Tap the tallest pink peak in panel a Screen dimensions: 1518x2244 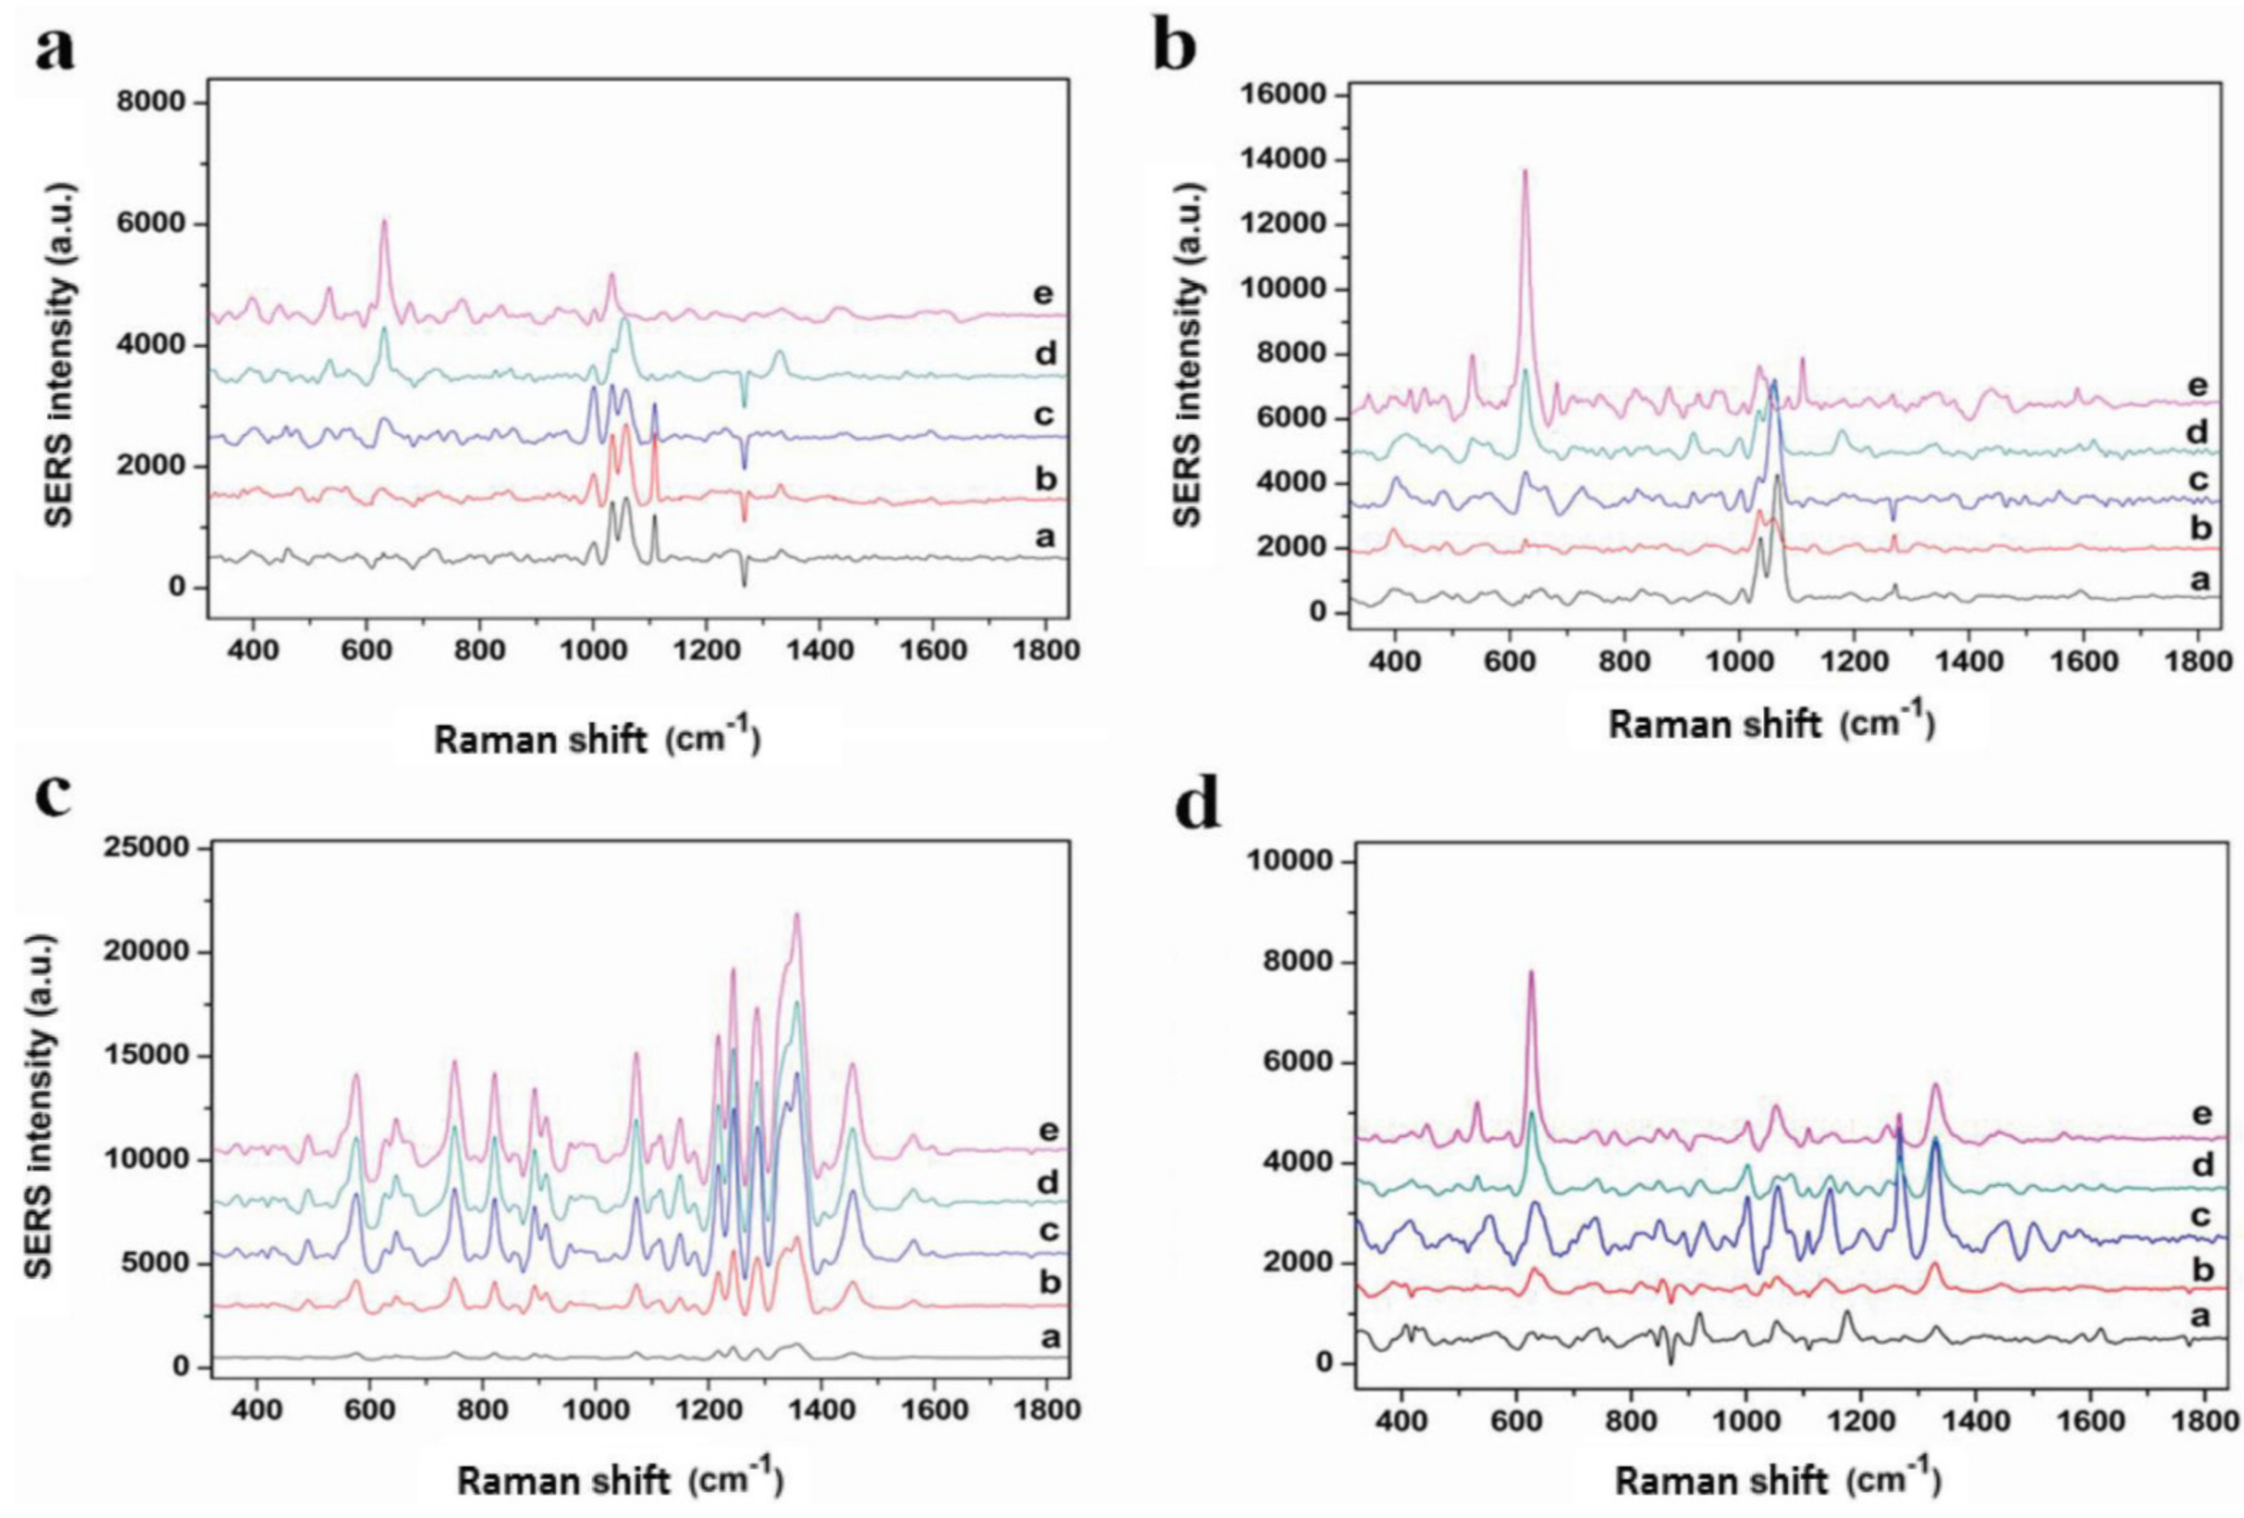(x=383, y=222)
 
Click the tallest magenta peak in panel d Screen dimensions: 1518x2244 (x=1531, y=973)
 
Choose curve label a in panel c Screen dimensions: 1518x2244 (x=1051, y=1337)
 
